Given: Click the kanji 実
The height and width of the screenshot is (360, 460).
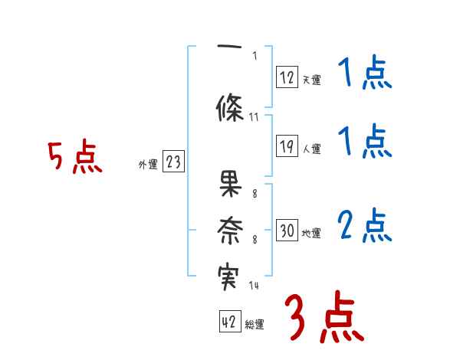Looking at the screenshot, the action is coord(230,275).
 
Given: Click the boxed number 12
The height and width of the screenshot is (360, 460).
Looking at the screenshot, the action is coord(287,77).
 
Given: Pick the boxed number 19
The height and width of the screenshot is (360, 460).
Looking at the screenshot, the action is coord(287,148).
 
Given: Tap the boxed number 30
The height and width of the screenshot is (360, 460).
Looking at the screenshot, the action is coord(287,232).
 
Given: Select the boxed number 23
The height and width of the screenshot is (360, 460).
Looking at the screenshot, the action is coord(173,163).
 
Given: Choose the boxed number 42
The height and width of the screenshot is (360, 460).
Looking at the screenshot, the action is coord(229,322).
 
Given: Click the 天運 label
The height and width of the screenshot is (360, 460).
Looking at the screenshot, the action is coord(311,80).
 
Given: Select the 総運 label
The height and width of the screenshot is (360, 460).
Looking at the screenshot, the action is coord(255,325).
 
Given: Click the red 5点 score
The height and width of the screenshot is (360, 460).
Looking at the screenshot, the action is coord(74,156).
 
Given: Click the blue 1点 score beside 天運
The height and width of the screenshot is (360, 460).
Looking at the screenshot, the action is coord(365,74).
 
